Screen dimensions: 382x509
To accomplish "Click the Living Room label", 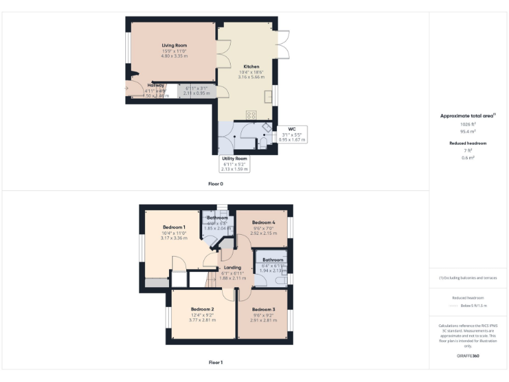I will (x=174, y=45).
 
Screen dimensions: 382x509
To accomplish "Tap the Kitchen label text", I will (x=251, y=66).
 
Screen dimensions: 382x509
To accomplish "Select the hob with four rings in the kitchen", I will (x=251, y=115).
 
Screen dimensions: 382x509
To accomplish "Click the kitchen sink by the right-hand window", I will (x=268, y=96).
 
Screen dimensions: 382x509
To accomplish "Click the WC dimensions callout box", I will (x=292, y=135).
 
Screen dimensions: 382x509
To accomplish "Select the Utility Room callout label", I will (x=234, y=164).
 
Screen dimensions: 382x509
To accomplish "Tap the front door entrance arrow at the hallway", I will (x=125, y=88).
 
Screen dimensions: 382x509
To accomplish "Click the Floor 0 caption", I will (x=216, y=183).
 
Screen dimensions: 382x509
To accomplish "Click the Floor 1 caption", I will (x=216, y=363).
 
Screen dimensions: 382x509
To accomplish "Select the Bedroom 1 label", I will (x=174, y=227).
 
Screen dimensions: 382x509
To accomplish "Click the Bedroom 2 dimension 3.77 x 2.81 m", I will (x=202, y=320).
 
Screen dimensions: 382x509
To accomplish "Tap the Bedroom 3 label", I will (x=263, y=310).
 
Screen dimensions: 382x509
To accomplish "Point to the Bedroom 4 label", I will (x=263, y=222).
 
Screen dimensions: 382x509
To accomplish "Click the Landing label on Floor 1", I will (x=233, y=267).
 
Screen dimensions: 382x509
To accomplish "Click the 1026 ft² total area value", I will (x=468, y=124).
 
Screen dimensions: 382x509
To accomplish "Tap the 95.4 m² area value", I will (x=468, y=131).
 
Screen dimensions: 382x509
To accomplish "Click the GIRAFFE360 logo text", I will (x=468, y=356).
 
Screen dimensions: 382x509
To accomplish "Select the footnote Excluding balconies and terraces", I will (x=468, y=277).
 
